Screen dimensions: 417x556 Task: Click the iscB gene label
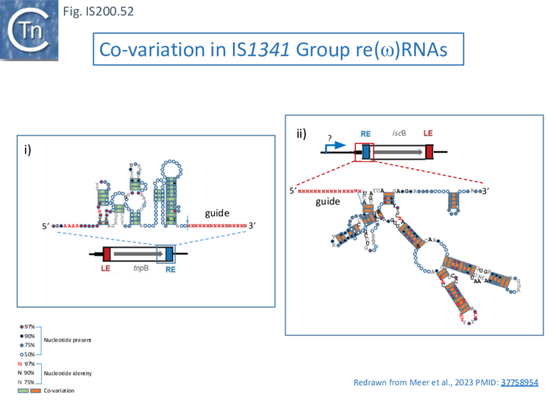click(399, 133)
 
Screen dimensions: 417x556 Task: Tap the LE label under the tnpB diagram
click(106, 268)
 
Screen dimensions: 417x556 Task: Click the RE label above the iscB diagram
click(366, 133)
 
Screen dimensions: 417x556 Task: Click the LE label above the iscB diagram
click(429, 133)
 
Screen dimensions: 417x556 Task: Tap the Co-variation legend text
click(59, 391)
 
